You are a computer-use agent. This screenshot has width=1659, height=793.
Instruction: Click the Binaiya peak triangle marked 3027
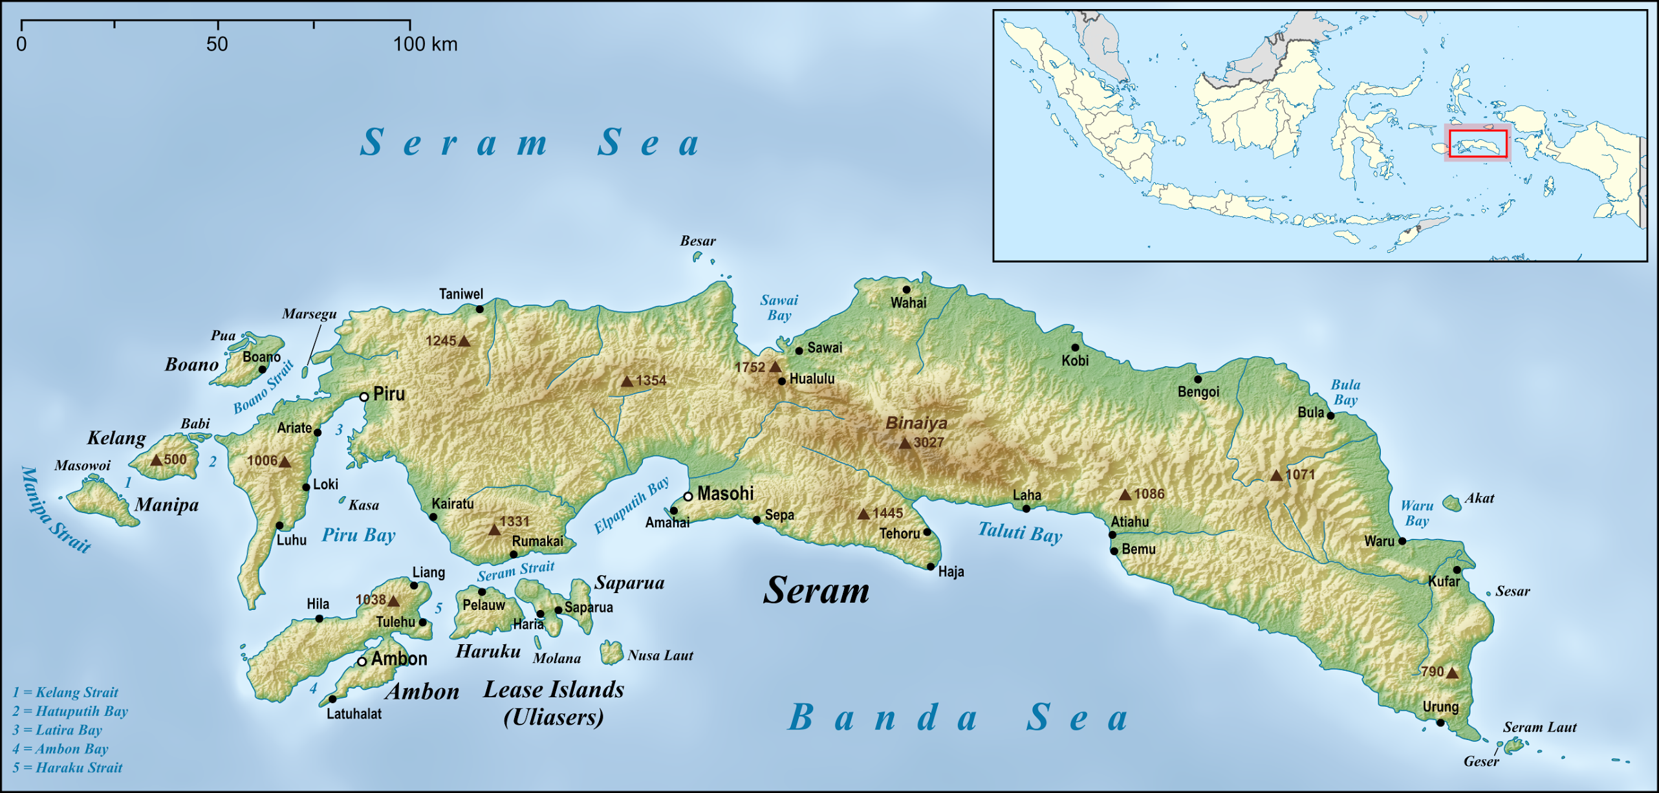(x=905, y=444)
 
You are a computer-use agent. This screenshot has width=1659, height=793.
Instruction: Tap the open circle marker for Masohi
(x=688, y=497)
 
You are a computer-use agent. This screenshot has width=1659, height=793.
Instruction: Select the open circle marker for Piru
(x=364, y=396)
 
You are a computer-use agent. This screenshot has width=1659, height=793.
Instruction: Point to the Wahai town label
(x=908, y=303)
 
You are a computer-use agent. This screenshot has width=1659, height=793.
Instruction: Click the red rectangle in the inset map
(x=1478, y=144)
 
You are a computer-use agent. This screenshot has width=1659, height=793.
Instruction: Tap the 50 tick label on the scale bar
(x=217, y=45)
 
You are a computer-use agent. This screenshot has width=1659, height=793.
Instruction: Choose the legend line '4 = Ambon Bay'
(x=60, y=749)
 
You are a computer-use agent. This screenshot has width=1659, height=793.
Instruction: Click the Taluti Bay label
(x=1020, y=533)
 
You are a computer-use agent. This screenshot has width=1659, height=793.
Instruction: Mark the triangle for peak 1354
(x=627, y=382)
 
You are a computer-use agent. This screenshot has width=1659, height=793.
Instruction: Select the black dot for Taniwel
(x=479, y=309)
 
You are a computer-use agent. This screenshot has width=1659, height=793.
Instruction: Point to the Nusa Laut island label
(x=660, y=656)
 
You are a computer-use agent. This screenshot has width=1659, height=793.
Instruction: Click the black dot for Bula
(x=1330, y=416)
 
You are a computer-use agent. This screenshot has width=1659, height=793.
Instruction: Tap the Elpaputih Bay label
(x=631, y=506)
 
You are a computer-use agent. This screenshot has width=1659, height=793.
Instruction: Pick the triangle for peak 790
(x=1452, y=673)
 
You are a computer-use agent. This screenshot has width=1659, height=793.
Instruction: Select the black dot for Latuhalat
(x=332, y=699)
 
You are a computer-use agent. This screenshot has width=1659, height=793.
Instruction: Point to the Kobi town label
(x=1075, y=361)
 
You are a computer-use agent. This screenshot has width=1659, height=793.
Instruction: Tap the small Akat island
(x=1451, y=503)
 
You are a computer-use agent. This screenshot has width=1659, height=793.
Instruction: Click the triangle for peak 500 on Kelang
(x=156, y=461)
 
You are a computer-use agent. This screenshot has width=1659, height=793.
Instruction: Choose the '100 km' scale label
(x=426, y=45)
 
